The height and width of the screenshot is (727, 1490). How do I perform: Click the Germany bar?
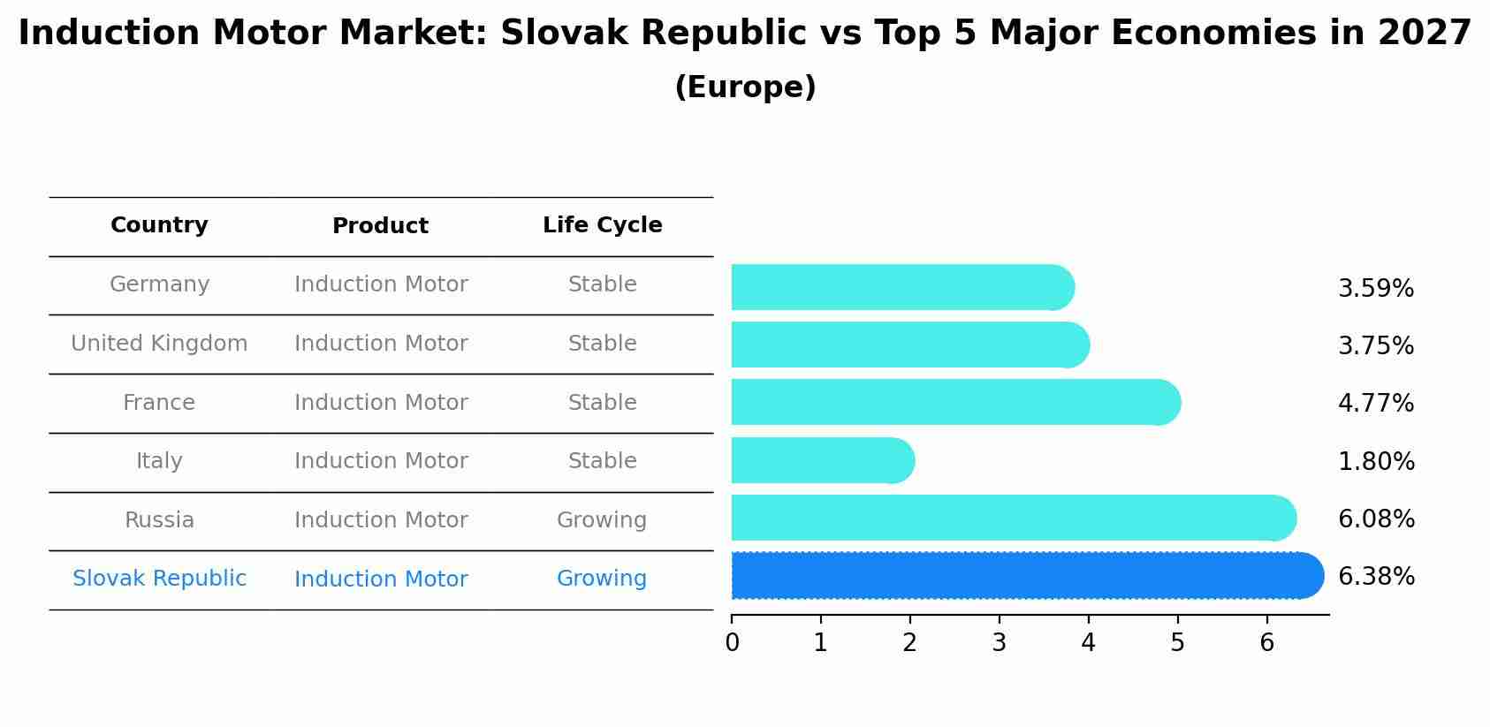point(901,287)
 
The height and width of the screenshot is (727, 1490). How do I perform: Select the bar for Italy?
point(822,460)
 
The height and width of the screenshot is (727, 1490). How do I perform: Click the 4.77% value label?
point(1375,404)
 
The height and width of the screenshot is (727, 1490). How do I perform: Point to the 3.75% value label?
point(1375,346)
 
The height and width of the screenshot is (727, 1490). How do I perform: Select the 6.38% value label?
point(1376,577)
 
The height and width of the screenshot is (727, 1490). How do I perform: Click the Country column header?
point(159,225)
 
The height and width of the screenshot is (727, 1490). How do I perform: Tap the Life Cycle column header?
point(602,225)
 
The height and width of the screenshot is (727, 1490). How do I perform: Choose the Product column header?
point(380,226)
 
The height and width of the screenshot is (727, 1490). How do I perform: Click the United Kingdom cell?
point(159,344)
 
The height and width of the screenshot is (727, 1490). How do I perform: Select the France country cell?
point(159,403)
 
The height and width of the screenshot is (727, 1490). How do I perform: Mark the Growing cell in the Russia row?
point(601,520)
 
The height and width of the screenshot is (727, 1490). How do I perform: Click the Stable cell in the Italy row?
point(602,461)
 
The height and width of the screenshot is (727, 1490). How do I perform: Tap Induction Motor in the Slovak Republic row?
point(381,579)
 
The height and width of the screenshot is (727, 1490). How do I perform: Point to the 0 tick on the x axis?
point(732,643)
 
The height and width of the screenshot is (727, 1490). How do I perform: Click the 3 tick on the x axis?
point(999,643)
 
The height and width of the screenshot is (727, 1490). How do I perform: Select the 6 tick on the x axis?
point(1266,643)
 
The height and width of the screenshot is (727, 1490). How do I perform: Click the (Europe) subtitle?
point(745,87)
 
